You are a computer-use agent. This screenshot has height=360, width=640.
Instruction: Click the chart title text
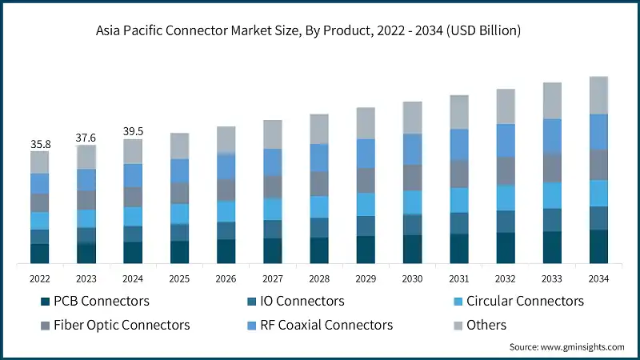click(x=320, y=31)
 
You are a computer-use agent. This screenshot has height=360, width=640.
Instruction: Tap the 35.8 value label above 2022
click(x=40, y=144)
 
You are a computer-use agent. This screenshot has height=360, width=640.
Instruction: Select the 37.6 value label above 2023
click(x=86, y=138)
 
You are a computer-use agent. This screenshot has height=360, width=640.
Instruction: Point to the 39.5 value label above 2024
click(x=133, y=131)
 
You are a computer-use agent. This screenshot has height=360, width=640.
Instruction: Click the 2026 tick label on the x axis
click(x=226, y=278)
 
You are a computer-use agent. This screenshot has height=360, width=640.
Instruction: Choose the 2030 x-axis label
click(x=412, y=278)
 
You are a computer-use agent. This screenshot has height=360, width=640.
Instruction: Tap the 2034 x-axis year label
click(x=598, y=278)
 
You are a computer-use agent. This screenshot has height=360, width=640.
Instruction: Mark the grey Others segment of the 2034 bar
click(x=598, y=95)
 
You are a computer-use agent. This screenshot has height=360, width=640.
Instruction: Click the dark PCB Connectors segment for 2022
click(x=40, y=254)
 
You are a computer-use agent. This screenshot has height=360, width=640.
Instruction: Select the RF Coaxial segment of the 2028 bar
click(x=319, y=158)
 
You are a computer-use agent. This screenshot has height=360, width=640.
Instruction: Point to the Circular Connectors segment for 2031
click(x=459, y=200)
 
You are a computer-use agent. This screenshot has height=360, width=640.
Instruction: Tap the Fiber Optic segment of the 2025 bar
click(x=179, y=193)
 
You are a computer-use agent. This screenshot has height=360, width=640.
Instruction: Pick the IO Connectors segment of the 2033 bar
click(x=552, y=220)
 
